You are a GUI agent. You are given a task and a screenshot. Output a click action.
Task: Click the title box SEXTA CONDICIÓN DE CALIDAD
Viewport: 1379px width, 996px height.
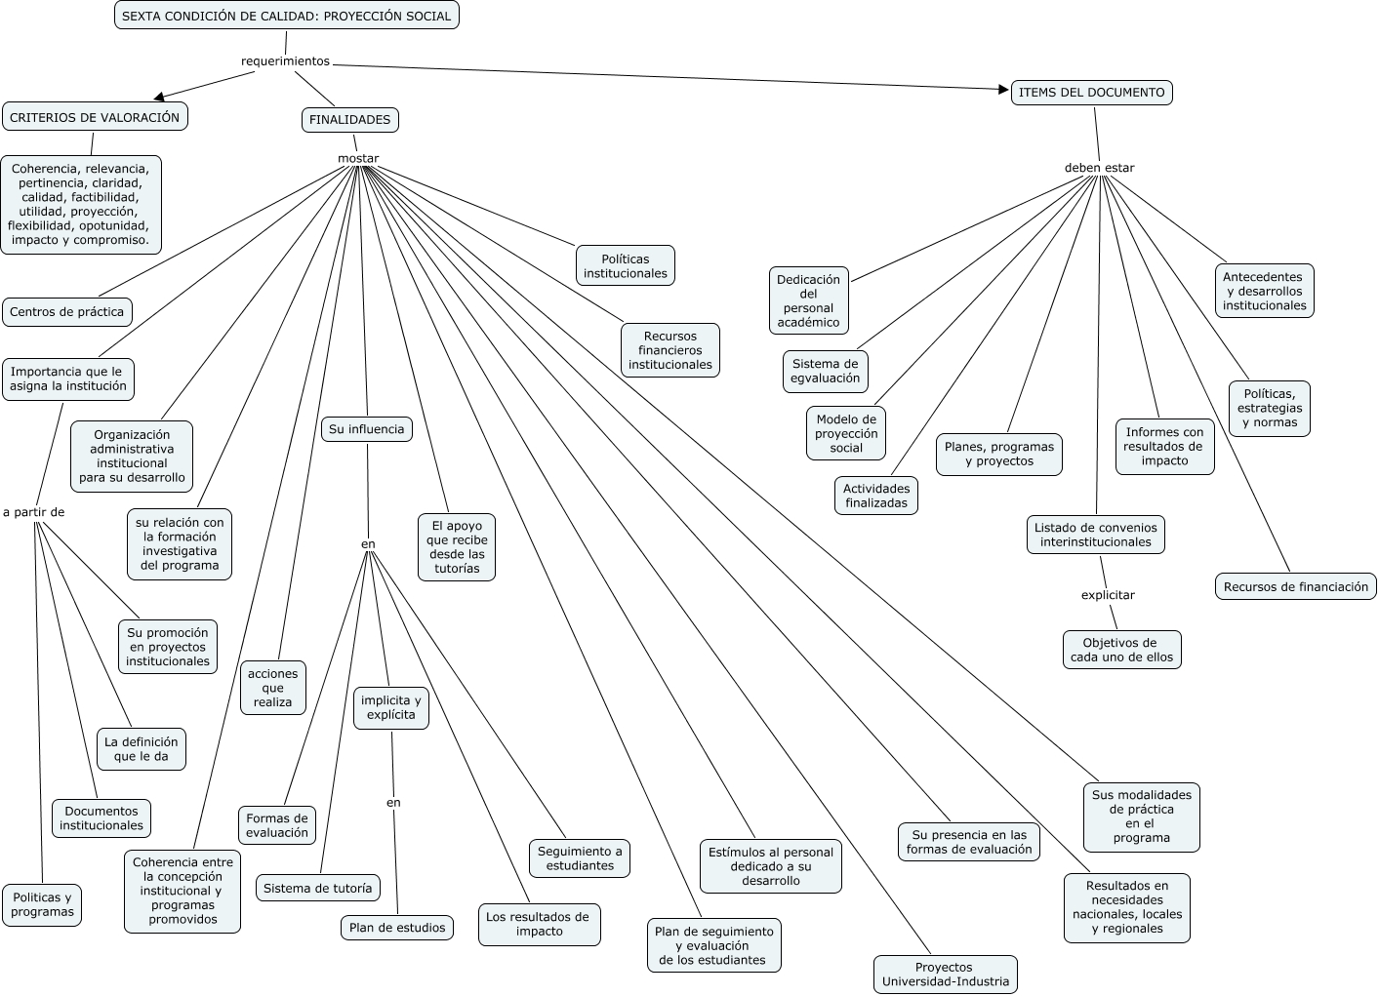tap(286, 16)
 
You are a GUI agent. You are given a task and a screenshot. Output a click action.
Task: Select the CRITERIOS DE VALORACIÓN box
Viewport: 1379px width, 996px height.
tap(95, 117)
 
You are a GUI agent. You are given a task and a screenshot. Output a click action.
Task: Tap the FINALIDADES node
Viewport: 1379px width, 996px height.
tap(349, 120)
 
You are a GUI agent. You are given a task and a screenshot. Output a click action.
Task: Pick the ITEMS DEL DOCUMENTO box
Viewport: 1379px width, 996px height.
tap(1091, 93)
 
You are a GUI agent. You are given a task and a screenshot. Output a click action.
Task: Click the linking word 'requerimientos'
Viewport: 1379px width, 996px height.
tap(285, 61)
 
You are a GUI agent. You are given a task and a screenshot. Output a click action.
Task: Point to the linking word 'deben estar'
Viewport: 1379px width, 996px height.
tap(1099, 168)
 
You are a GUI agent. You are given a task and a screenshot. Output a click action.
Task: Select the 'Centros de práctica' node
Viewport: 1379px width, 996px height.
tap(66, 312)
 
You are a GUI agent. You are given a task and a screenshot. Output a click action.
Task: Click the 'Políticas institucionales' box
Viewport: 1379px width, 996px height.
tap(626, 266)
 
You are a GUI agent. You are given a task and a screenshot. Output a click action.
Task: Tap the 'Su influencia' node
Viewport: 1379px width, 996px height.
tap(366, 429)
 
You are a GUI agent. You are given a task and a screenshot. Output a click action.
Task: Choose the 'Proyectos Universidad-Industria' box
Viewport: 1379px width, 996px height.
tap(945, 975)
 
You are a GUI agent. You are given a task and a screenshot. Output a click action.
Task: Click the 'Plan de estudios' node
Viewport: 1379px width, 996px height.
tap(397, 928)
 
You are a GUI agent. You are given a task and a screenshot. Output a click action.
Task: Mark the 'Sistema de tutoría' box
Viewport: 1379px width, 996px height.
tap(317, 889)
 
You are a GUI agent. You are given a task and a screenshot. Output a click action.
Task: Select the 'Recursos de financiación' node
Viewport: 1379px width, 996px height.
tap(1295, 587)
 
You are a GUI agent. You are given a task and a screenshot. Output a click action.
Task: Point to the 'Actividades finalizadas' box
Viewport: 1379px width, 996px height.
tap(876, 497)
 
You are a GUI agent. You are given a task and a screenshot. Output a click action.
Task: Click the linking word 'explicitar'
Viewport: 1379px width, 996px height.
tap(1108, 595)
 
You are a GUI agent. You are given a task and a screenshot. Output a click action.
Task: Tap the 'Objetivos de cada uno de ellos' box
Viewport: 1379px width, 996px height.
tap(1121, 650)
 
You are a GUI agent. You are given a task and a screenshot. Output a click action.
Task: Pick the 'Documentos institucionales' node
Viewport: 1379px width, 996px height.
tap(101, 818)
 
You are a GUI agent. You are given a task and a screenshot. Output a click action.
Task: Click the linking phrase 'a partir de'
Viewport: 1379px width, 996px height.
tap(33, 512)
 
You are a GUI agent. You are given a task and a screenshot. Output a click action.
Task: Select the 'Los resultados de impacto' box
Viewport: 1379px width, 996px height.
tap(539, 924)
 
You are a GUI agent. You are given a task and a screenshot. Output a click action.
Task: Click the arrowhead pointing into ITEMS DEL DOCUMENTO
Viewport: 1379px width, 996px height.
tap(1003, 90)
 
